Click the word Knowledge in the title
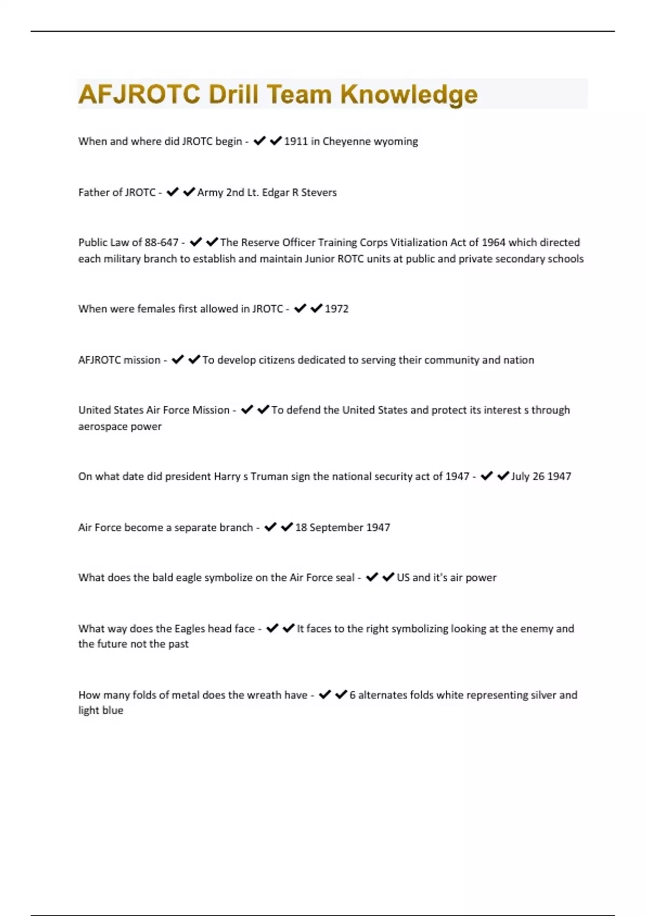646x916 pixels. [409, 94]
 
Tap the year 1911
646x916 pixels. [296, 141]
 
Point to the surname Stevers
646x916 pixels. [319, 192]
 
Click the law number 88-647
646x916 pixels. [161, 242]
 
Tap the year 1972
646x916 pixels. [336, 309]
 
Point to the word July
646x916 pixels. [520, 476]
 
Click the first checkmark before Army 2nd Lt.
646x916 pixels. [172, 192]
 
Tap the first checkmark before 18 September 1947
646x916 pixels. [270, 527]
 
